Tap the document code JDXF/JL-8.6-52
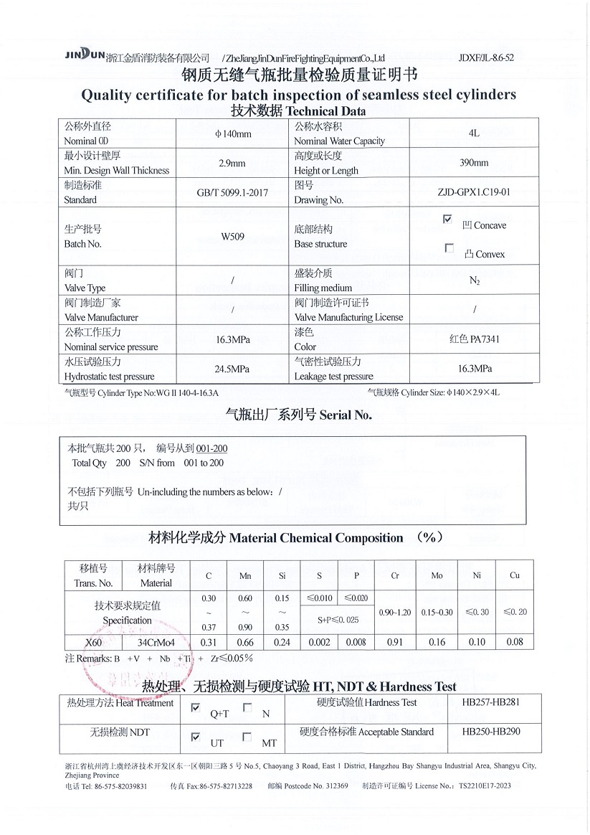pyautogui.click(x=485, y=57)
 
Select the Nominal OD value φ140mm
pyautogui.click(x=233, y=134)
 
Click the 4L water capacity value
pyautogui.click(x=474, y=133)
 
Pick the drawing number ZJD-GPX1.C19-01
pyautogui.click(x=474, y=192)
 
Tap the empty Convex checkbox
pyautogui.click(x=449, y=248)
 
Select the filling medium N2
pyautogui.click(x=475, y=280)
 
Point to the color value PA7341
pyautogui.click(x=475, y=339)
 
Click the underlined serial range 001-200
pyautogui.click(x=212, y=448)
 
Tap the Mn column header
pyautogui.click(x=245, y=576)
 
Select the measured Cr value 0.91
pyautogui.click(x=395, y=642)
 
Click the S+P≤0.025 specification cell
pyautogui.click(x=338, y=620)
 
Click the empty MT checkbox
pyautogui.click(x=247, y=737)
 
